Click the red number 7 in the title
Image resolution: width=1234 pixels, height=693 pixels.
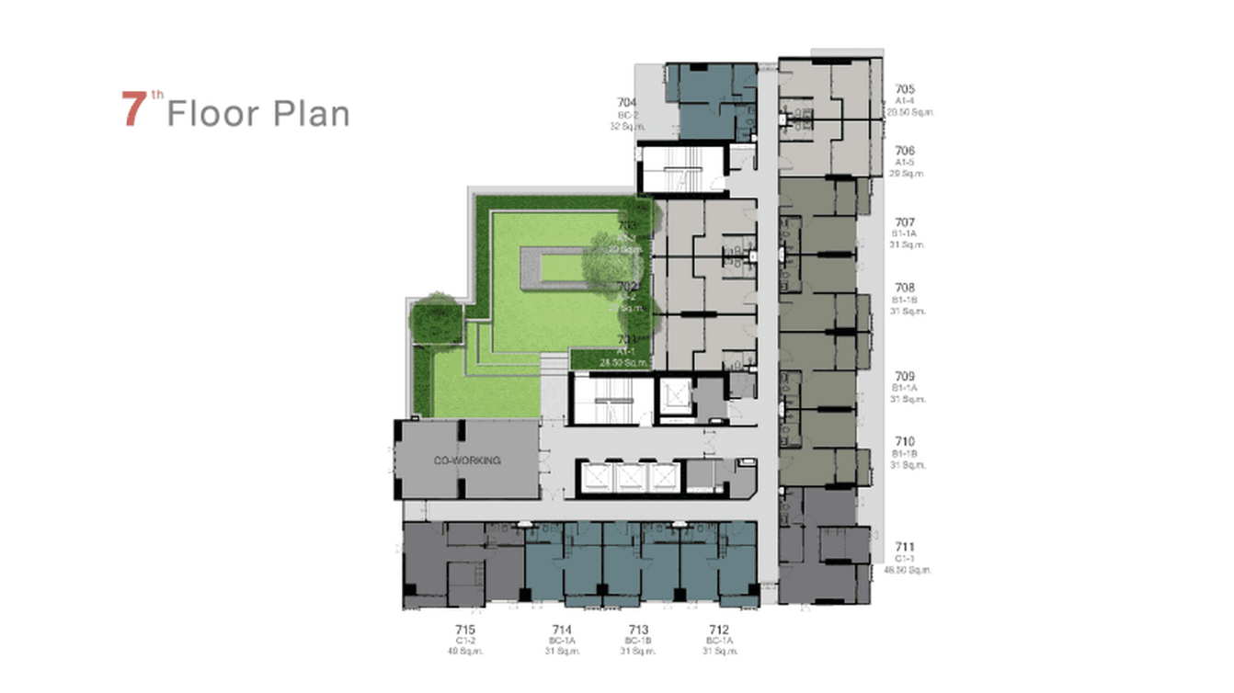135,109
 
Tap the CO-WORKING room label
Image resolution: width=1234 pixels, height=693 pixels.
467,460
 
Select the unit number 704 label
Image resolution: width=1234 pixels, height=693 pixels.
627,102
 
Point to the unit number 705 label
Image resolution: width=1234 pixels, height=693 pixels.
905,89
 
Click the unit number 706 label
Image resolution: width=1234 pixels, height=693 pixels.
905,151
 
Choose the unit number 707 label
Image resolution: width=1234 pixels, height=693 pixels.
905,222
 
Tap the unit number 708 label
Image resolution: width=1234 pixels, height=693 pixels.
905,289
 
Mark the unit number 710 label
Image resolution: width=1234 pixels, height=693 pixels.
905,442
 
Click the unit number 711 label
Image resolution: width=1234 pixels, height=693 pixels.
905,548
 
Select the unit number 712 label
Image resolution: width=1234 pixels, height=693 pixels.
719,629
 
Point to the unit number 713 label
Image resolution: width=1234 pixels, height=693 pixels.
638,629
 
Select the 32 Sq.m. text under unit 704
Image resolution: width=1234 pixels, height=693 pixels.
627,127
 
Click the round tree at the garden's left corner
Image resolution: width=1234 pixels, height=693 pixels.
429,319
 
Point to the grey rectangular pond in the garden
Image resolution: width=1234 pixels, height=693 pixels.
554,267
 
